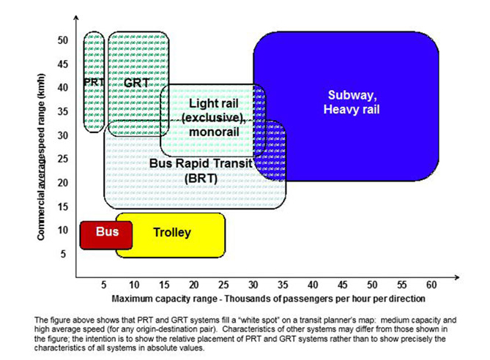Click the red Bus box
point(106,235)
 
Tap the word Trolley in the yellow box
point(172,233)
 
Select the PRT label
point(94,82)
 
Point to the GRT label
point(136,83)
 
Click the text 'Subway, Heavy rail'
point(352,102)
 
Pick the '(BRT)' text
point(201,179)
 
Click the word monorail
point(214,132)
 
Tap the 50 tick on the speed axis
point(63,40)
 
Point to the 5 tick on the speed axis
point(63,254)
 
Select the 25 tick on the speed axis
point(63,159)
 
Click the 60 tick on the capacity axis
point(431,285)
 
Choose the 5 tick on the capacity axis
point(104,285)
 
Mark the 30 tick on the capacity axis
point(253,285)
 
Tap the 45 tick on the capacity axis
point(342,285)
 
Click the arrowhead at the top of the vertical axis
point(76,17)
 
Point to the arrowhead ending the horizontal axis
point(457,277)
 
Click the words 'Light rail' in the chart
point(214,103)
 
